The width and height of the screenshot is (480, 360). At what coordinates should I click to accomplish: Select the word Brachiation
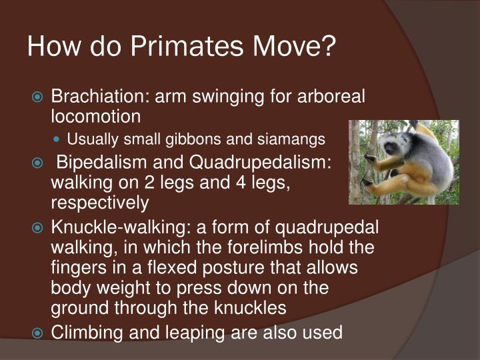99,97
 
